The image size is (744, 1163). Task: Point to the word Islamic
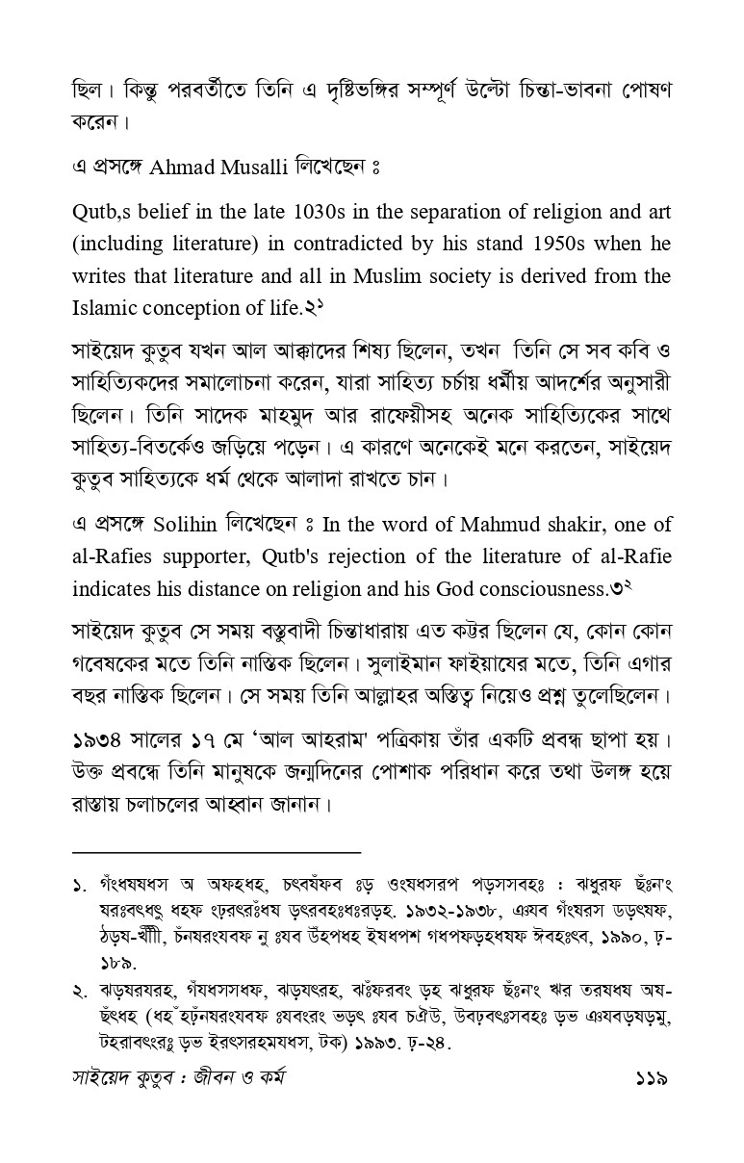pyautogui.click(x=105, y=308)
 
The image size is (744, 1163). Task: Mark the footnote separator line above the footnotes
pyautogui.click(x=216, y=851)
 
